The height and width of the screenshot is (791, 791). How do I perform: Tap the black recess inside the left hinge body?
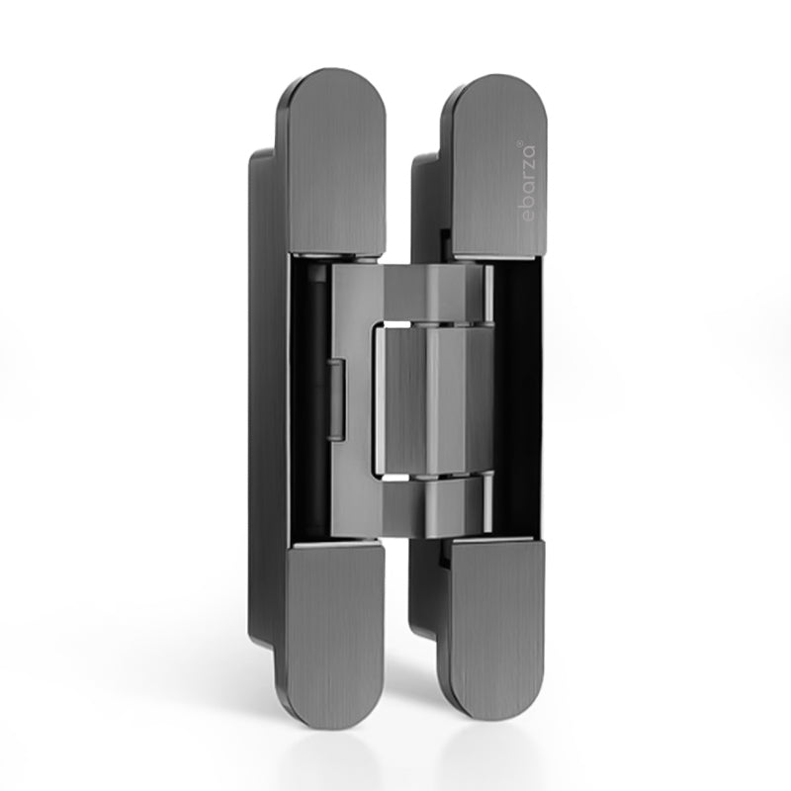pos(307,395)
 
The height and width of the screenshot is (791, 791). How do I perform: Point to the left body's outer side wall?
pos(260,395)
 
